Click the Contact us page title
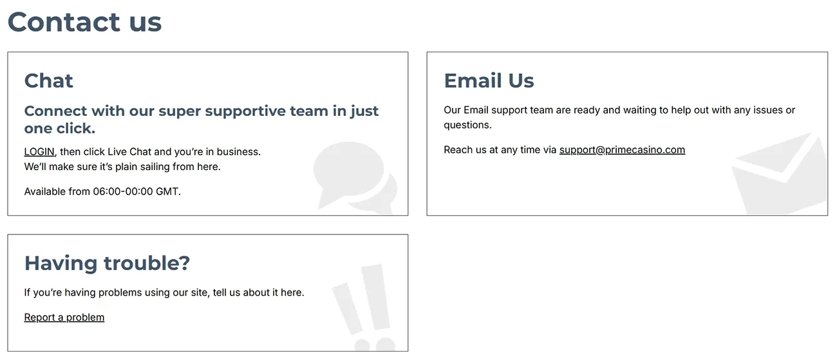pyautogui.click(x=84, y=23)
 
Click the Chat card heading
pyautogui.click(x=49, y=81)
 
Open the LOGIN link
pyautogui.click(x=39, y=152)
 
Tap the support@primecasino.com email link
pyautogui.click(x=622, y=150)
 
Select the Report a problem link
pyautogui.click(x=64, y=317)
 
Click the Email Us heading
pyautogui.click(x=489, y=81)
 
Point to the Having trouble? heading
pyautogui.click(x=107, y=263)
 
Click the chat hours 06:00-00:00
pyautogui.click(x=123, y=192)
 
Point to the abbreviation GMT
pyautogui.click(x=167, y=192)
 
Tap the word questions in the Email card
pyautogui.click(x=467, y=125)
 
